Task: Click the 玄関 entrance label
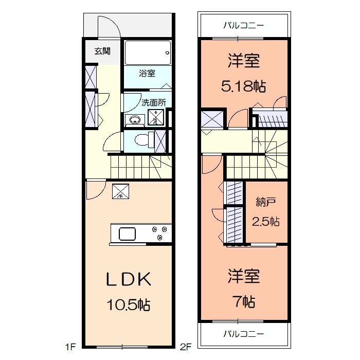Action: [102, 51]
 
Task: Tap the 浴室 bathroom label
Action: [147, 73]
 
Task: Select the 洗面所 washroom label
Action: [154, 102]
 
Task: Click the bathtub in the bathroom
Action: [148, 52]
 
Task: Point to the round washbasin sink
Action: [135, 120]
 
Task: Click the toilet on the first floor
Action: [141, 139]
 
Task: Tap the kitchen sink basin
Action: [128, 235]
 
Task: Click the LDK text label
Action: [128, 279]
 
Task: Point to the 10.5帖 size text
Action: [128, 305]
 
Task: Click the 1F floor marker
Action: [70, 347]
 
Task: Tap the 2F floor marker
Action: [185, 347]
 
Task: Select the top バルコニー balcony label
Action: [243, 25]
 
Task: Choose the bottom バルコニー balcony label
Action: [243, 334]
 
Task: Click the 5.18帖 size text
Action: [243, 86]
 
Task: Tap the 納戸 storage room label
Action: [265, 202]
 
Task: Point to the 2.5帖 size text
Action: [265, 222]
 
